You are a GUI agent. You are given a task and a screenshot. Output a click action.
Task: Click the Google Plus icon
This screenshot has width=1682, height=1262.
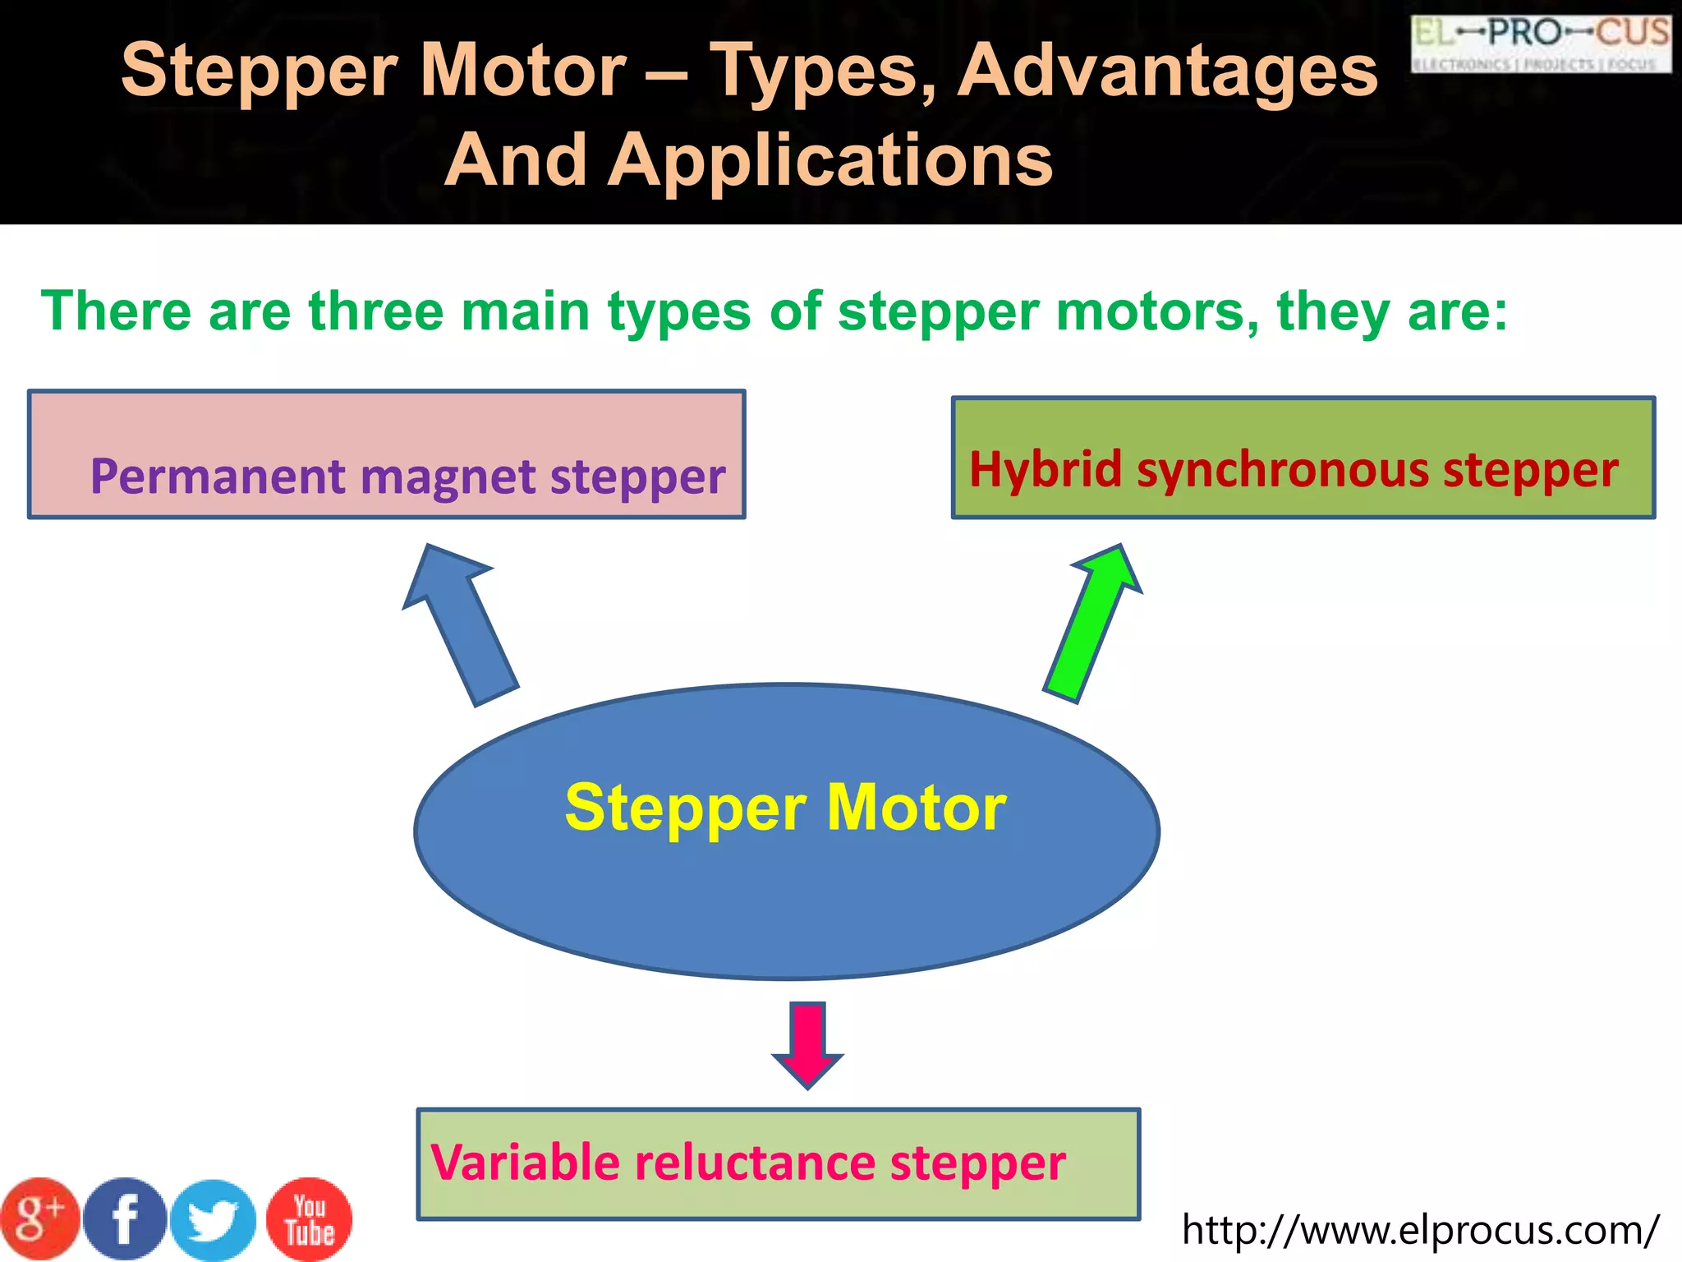tap(39, 1218)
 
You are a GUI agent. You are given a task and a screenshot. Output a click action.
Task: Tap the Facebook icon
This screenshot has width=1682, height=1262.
tap(126, 1219)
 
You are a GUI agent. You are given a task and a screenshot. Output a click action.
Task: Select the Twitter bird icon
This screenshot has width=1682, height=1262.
tap(214, 1220)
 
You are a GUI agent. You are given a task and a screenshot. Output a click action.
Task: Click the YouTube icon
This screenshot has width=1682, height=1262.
tap(310, 1220)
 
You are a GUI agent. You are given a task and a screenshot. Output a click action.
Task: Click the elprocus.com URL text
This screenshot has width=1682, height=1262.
tap(1420, 1231)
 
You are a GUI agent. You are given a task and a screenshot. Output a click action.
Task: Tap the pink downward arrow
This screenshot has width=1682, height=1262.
tap(808, 1043)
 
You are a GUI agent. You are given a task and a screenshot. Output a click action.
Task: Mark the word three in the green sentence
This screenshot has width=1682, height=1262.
tap(375, 311)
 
